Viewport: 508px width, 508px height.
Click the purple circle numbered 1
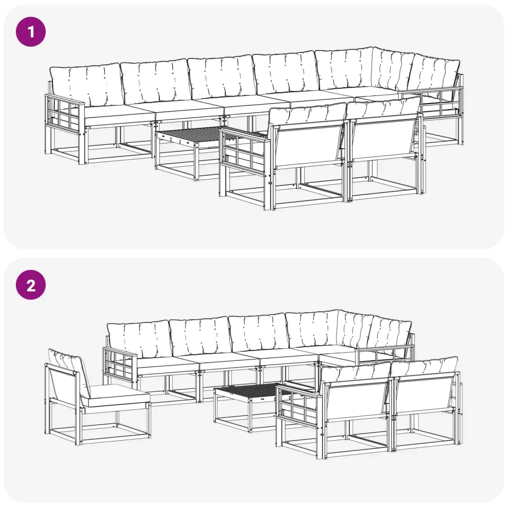pos(31,32)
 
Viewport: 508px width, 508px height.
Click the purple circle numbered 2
pos(31,285)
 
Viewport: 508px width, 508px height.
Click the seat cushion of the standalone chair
pos(115,395)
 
